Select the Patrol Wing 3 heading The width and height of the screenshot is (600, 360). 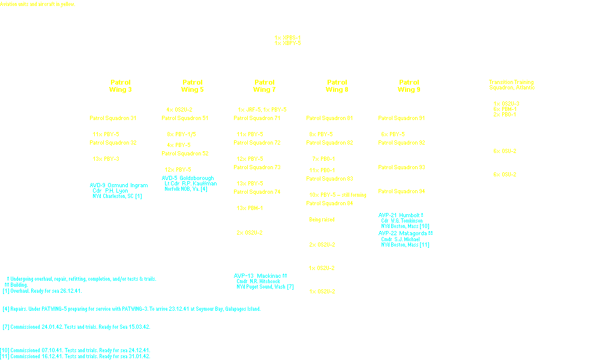point(120,86)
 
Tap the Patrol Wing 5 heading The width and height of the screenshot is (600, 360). point(193,86)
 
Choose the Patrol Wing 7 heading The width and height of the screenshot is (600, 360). point(264,86)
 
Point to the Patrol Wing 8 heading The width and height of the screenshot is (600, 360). point(337,86)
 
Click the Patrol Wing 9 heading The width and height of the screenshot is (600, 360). point(409,86)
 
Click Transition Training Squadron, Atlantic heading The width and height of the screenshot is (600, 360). point(511,85)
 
